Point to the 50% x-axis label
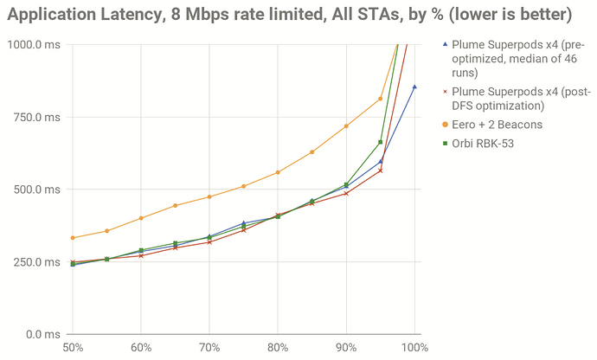click(73, 348)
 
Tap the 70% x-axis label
click(209, 348)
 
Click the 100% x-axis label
click(414, 348)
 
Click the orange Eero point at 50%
click(73, 238)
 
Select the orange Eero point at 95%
click(381, 99)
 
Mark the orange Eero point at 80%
click(278, 172)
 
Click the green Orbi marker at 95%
click(381, 142)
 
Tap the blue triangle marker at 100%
click(414, 87)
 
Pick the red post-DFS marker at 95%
click(381, 170)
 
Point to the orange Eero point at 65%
click(175, 206)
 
